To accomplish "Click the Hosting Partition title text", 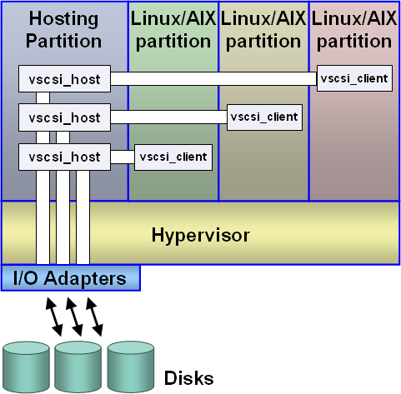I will [64, 29].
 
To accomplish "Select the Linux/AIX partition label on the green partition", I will [173, 29].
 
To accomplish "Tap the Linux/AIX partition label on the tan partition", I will [263, 29].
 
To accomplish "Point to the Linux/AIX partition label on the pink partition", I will [354, 29].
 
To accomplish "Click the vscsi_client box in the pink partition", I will [354, 78].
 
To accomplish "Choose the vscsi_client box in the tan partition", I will [264, 117].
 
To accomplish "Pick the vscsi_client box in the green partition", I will [173, 156].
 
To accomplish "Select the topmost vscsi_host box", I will [64, 79].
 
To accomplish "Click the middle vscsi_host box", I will [64, 117].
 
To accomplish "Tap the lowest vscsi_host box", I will [64, 156].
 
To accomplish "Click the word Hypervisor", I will [200, 235].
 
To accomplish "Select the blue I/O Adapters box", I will [71, 277].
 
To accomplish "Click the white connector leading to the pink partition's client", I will [213, 79].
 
